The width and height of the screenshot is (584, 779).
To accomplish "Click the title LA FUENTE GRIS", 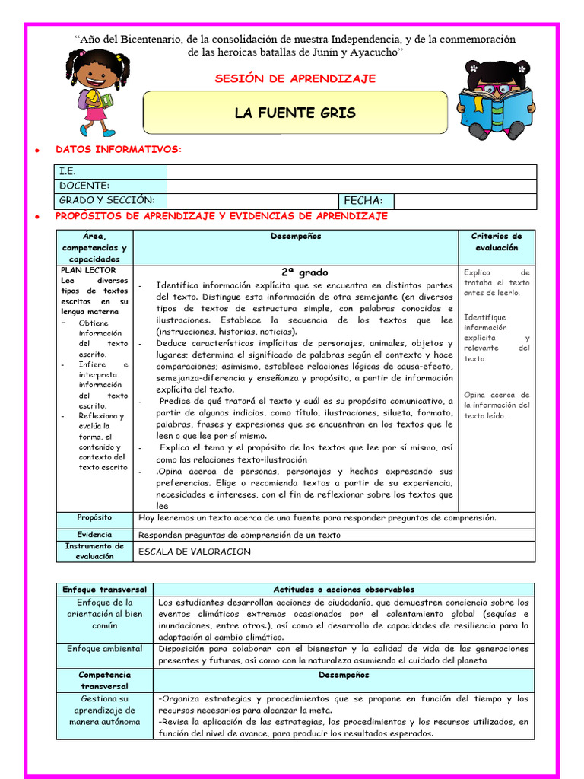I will pyautogui.click(x=295, y=113).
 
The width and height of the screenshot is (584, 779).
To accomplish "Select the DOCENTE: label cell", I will pyautogui.click(x=84, y=186).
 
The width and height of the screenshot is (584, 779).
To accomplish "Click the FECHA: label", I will pyautogui.click(x=363, y=201).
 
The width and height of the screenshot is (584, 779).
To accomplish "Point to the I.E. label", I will pyautogui.click(x=68, y=171).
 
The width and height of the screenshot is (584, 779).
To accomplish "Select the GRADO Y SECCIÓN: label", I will pyautogui.click(x=106, y=200).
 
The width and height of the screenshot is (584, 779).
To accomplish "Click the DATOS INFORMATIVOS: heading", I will pyautogui.click(x=119, y=149).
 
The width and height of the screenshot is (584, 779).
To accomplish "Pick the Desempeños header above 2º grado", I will pyautogui.click(x=296, y=237).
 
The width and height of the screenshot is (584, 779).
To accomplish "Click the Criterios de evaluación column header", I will pyautogui.click(x=497, y=242).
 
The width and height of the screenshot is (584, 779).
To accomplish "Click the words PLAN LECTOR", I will pyautogui.click(x=88, y=270).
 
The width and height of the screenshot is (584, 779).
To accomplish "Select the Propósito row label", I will pyautogui.click(x=94, y=517).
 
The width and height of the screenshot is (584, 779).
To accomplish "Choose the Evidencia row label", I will pyautogui.click(x=94, y=534).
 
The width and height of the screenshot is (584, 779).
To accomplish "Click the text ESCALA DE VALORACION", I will pyautogui.click(x=195, y=552).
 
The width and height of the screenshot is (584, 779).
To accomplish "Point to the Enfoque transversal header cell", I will pyautogui.click(x=104, y=589).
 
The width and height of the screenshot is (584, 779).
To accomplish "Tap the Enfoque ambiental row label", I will pyautogui.click(x=104, y=648).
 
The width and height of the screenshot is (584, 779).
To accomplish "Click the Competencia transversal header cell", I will pyautogui.click(x=104, y=680).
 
